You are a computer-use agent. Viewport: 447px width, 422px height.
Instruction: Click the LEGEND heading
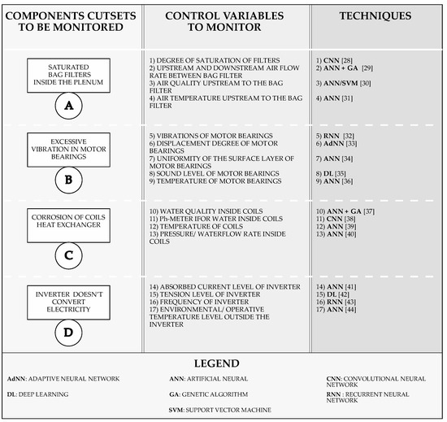[223, 363]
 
